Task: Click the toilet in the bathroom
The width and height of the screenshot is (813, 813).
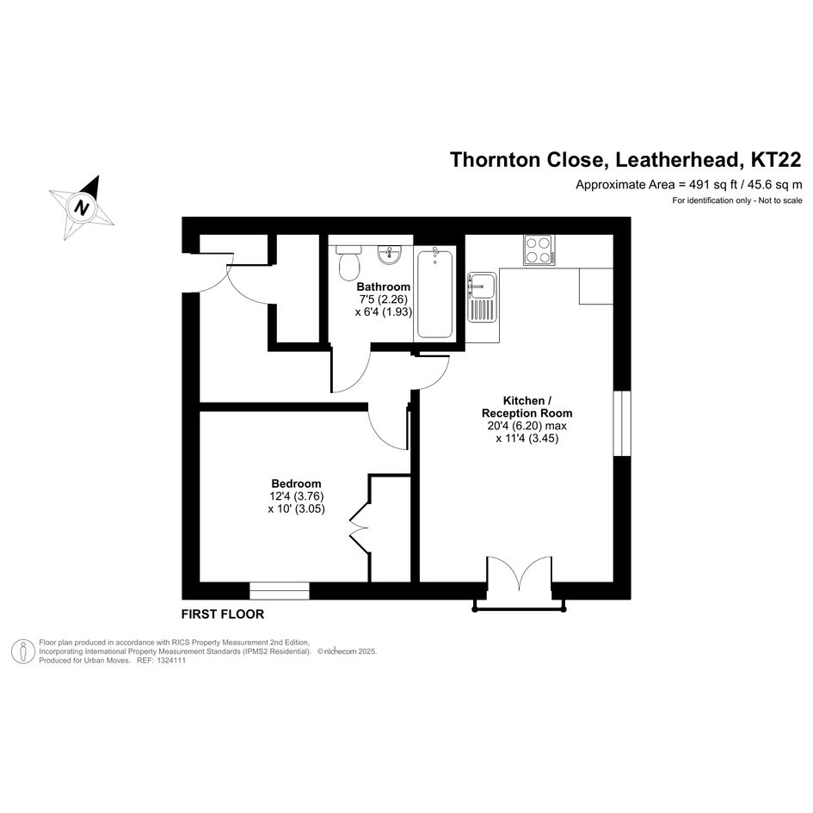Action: click(348, 262)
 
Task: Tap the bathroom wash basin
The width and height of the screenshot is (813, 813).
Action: click(390, 255)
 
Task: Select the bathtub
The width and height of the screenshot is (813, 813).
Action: click(434, 293)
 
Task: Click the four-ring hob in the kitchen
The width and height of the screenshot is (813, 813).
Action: click(539, 249)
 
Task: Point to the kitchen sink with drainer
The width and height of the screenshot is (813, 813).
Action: click(482, 297)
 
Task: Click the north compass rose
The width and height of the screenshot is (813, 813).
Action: click(82, 207)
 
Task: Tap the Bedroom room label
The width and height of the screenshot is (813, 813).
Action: click(296, 483)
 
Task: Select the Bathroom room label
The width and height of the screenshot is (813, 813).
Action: click(383, 286)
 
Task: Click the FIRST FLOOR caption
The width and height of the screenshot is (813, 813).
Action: click(223, 614)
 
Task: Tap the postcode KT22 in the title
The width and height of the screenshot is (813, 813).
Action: click(776, 159)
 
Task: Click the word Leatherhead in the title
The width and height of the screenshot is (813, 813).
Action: click(677, 160)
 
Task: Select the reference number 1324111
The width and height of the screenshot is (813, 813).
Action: click(169, 661)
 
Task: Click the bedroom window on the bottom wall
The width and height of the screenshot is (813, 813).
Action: click(280, 591)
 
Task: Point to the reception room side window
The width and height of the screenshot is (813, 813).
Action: click(622, 423)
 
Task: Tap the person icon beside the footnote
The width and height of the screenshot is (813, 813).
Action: click(23, 652)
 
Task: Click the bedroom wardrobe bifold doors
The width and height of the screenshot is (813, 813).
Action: click(360, 528)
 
